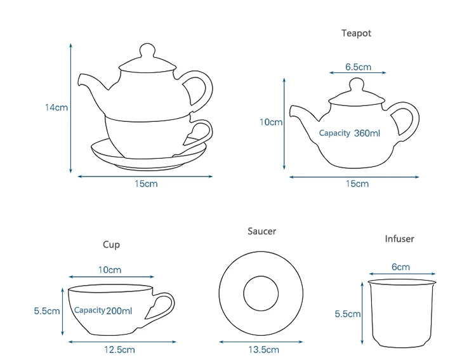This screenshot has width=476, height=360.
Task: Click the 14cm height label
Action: coord(56,107)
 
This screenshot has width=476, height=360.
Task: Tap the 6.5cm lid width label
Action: coord(358,67)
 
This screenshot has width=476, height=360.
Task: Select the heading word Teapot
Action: coord(355,34)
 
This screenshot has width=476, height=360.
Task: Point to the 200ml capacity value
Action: coord(120,310)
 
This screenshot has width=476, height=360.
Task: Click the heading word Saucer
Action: coord(261,232)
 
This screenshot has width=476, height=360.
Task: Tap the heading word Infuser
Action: coord(399,239)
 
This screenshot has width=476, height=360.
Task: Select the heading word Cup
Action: coord(111,244)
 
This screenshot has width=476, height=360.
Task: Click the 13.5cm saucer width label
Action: coord(262,349)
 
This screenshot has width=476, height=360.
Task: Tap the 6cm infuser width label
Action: coord(400,267)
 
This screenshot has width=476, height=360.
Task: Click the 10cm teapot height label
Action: coord(271,122)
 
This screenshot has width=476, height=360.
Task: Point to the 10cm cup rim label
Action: coord(110,270)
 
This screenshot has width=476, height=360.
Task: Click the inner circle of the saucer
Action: coord(262,293)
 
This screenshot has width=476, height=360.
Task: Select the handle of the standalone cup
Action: coord(162,306)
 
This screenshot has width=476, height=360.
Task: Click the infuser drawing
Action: coord(401,312)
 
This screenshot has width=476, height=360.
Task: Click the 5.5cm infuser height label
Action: coord(348,314)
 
